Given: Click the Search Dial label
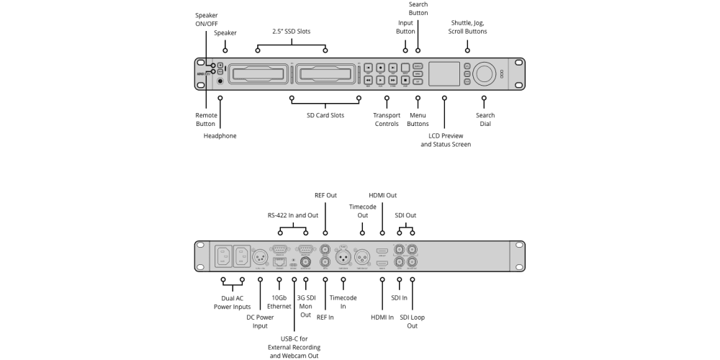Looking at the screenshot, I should [485, 120].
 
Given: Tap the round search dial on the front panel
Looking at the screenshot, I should [485, 73].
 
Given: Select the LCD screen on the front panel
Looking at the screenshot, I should [445, 73].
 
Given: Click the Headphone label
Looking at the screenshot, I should [220, 135].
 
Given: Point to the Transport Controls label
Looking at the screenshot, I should [387, 120].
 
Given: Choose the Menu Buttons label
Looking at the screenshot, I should [418, 120].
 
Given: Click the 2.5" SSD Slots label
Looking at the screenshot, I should [292, 32].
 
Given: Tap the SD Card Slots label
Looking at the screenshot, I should [325, 115].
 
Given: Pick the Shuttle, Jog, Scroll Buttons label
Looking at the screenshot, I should [469, 27].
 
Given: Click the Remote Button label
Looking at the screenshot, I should [206, 120].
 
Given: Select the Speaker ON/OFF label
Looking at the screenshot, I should [206, 19].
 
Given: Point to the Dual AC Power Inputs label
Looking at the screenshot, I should [232, 302].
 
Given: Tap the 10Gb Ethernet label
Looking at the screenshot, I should [279, 302].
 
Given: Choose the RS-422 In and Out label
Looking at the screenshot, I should [292, 215].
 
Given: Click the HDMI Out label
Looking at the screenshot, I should [382, 195].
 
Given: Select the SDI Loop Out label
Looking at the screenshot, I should [413, 321].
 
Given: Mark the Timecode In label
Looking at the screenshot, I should [343, 302].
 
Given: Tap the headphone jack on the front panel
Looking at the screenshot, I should [220, 81].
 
